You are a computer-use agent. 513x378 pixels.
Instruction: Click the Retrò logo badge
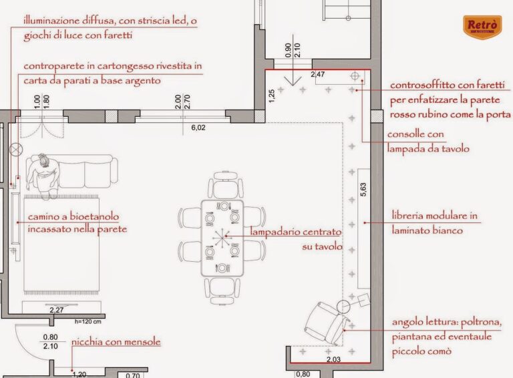point(482,27)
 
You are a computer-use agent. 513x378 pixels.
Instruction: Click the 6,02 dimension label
point(198,128)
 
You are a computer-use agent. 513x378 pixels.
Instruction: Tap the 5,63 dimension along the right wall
point(363,189)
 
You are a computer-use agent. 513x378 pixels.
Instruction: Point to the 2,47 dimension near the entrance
point(318,75)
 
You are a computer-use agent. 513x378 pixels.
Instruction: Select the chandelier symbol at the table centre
point(222,238)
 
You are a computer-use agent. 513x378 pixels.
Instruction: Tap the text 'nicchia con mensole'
point(116,343)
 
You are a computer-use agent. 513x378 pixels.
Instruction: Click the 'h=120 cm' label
point(88,322)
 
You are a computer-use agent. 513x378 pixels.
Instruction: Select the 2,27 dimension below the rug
point(57,310)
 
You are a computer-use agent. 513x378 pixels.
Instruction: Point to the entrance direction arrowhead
point(293,81)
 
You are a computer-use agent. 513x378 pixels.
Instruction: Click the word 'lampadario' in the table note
point(273,232)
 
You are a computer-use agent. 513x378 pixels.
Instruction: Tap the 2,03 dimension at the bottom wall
point(333,360)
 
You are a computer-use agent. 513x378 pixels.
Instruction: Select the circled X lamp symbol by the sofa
point(15,150)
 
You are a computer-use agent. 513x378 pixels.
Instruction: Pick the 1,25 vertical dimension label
point(272,96)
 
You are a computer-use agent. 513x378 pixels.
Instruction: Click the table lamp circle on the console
point(355,76)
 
